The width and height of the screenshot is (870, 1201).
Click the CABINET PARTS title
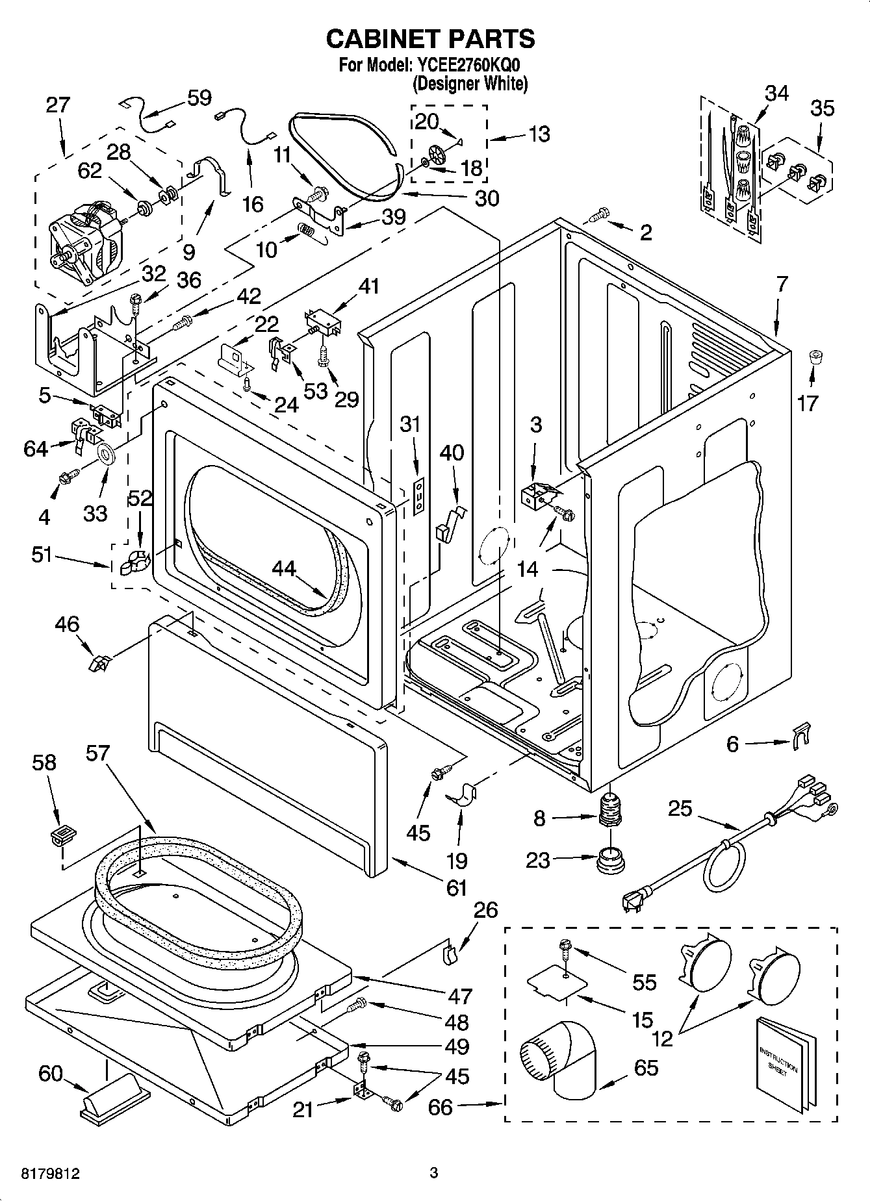pyautogui.click(x=430, y=39)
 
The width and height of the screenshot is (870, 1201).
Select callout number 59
pyautogui.click(x=199, y=97)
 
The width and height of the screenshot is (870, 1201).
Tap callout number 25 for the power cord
pyautogui.click(x=680, y=809)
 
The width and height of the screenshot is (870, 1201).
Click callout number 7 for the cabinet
pyautogui.click(x=782, y=283)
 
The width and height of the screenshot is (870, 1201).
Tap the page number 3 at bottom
pyautogui.click(x=434, y=1173)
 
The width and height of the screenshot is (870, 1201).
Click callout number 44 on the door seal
pyautogui.click(x=283, y=569)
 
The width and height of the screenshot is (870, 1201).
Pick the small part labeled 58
pyautogui.click(x=60, y=836)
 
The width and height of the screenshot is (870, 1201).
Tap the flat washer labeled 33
pyautogui.click(x=106, y=453)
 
